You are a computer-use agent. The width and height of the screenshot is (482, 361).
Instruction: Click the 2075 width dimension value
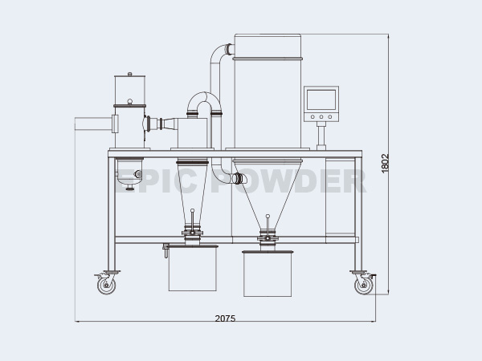tap(225, 318)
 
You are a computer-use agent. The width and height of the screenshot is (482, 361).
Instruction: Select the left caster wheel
tap(105, 283)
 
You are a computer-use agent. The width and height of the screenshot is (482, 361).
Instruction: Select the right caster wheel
tap(363, 283)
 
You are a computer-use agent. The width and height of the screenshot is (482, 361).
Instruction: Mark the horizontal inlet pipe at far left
tap(92, 124)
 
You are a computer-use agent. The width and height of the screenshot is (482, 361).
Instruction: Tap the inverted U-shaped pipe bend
tap(203, 103)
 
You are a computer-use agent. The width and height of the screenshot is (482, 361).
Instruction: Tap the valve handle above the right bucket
tap(267, 217)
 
